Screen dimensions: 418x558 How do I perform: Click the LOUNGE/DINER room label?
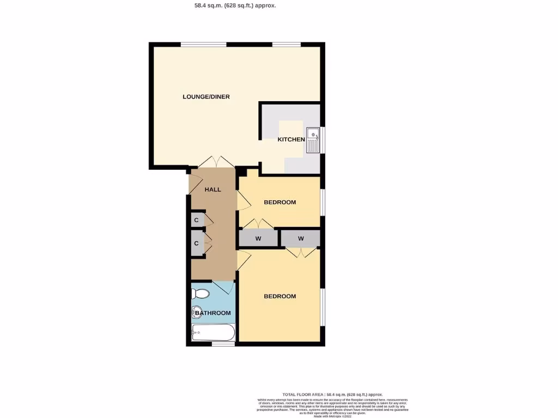tap(206, 97)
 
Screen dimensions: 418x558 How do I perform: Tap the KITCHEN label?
tap(292, 139)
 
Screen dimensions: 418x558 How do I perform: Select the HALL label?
tap(213, 189)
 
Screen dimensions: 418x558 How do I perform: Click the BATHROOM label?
tap(213, 313)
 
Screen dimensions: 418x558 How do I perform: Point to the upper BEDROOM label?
tap(280, 202)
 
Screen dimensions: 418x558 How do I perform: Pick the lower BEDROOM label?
tap(280, 296)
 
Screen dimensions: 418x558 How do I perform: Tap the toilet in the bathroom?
tap(201, 294)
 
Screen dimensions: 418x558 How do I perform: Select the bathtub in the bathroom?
tap(213, 331)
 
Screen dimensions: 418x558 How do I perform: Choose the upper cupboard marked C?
tap(196, 220)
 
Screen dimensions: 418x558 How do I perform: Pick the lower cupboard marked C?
tap(196, 243)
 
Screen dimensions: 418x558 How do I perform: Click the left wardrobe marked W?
tap(258, 238)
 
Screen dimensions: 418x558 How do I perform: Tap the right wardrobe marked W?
tap(300, 238)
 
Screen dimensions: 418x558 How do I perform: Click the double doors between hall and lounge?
tap(216, 162)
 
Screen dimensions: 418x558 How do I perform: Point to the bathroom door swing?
tap(223, 287)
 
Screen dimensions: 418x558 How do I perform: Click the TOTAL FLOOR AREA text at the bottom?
tap(332, 394)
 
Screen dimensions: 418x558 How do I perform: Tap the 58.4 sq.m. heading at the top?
tap(235, 5)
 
